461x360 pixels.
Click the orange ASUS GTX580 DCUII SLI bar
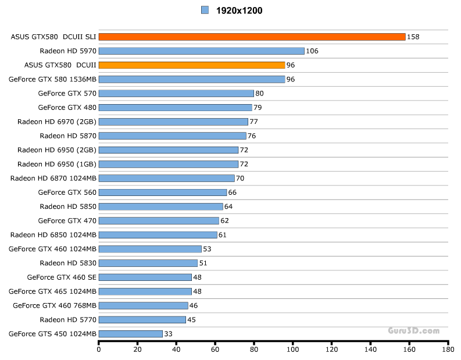252,37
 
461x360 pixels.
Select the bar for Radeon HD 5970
201,51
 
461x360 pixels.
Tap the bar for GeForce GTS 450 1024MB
130,334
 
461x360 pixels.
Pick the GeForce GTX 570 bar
176,93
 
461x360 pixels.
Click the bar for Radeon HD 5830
148,263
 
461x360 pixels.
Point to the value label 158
413,37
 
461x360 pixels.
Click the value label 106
312,51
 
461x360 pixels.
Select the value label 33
168,334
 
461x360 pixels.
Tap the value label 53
207,249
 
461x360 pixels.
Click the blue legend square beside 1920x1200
205,10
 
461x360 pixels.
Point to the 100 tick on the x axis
293,350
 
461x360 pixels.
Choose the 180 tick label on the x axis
448,350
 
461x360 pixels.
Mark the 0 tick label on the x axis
99,350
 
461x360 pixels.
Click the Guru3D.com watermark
414,330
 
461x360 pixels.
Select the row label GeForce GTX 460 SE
62,277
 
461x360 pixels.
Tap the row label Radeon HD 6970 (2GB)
57,122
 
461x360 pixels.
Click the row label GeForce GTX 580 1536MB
53,79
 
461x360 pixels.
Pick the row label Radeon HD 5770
68,320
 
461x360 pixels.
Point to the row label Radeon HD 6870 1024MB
53,178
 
